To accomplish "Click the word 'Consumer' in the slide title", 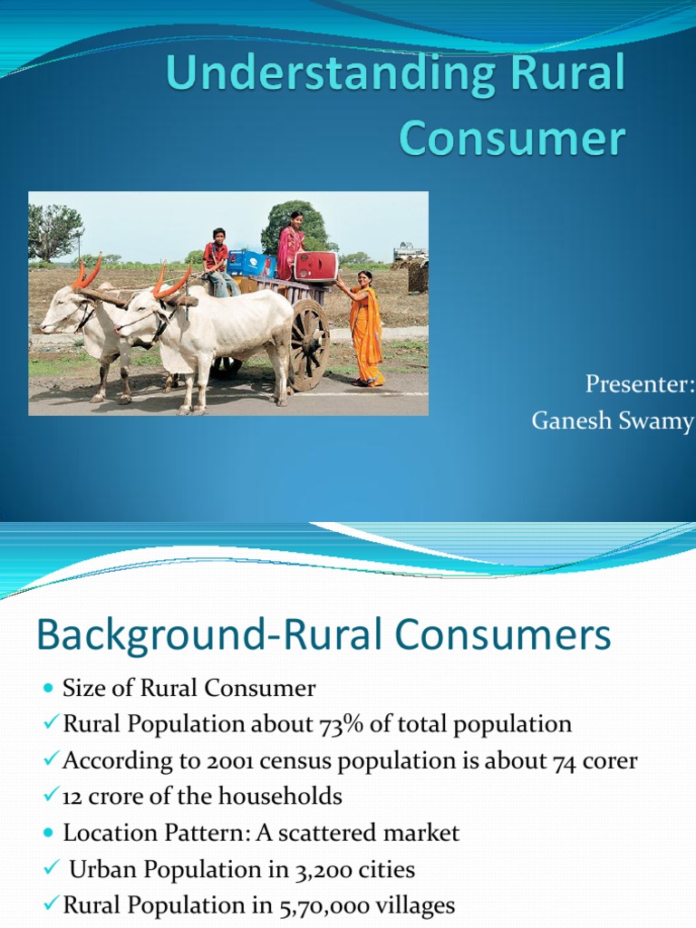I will [512, 139].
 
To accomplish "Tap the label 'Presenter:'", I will [639, 384].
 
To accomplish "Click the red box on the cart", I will [315, 266].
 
